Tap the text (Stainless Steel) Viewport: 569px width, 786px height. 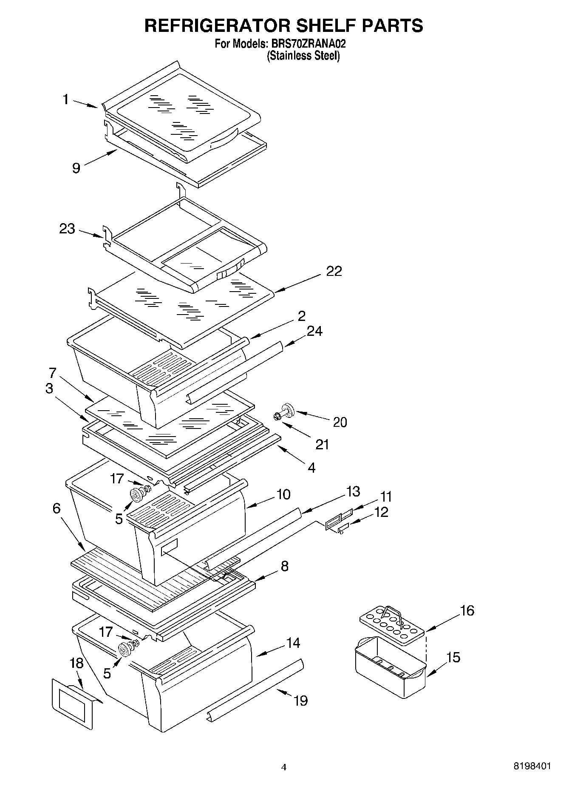(303, 56)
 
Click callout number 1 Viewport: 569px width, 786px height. (65, 99)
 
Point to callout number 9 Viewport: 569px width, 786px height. (76, 168)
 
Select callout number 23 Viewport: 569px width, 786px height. (67, 229)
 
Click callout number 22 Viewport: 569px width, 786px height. (334, 271)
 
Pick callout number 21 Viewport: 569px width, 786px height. (323, 444)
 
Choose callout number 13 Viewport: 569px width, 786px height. (353, 491)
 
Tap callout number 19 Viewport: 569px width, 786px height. (300, 701)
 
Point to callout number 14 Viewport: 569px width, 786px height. (293, 643)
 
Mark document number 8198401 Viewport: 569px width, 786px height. (532, 766)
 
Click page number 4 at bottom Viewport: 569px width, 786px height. (284, 767)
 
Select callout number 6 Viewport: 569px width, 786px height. (57, 508)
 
